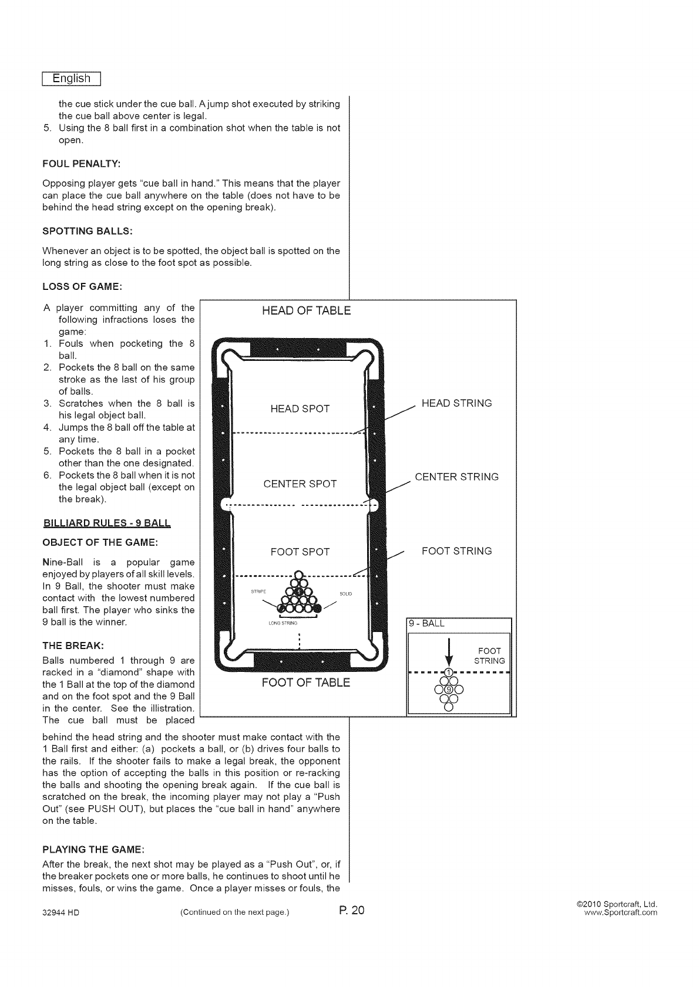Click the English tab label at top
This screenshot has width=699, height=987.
pos(72,79)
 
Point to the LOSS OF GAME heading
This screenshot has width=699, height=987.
pos(82,286)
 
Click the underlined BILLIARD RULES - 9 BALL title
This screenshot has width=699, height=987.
pos(107,523)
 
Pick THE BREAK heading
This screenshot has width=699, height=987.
pos(73,645)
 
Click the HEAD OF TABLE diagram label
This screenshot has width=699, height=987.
pos(306,311)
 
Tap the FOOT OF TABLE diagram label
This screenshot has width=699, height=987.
pos(305,682)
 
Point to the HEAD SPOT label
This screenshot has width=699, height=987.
pos(300,409)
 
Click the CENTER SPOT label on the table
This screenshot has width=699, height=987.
pos(300,484)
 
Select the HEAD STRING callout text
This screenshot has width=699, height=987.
pos(456,403)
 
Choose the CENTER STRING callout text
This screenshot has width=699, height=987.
pos(456,477)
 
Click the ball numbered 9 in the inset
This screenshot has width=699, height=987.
pos(449,689)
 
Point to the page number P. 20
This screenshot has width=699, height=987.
pos(352,911)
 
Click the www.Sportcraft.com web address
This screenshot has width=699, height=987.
pos(620,913)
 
